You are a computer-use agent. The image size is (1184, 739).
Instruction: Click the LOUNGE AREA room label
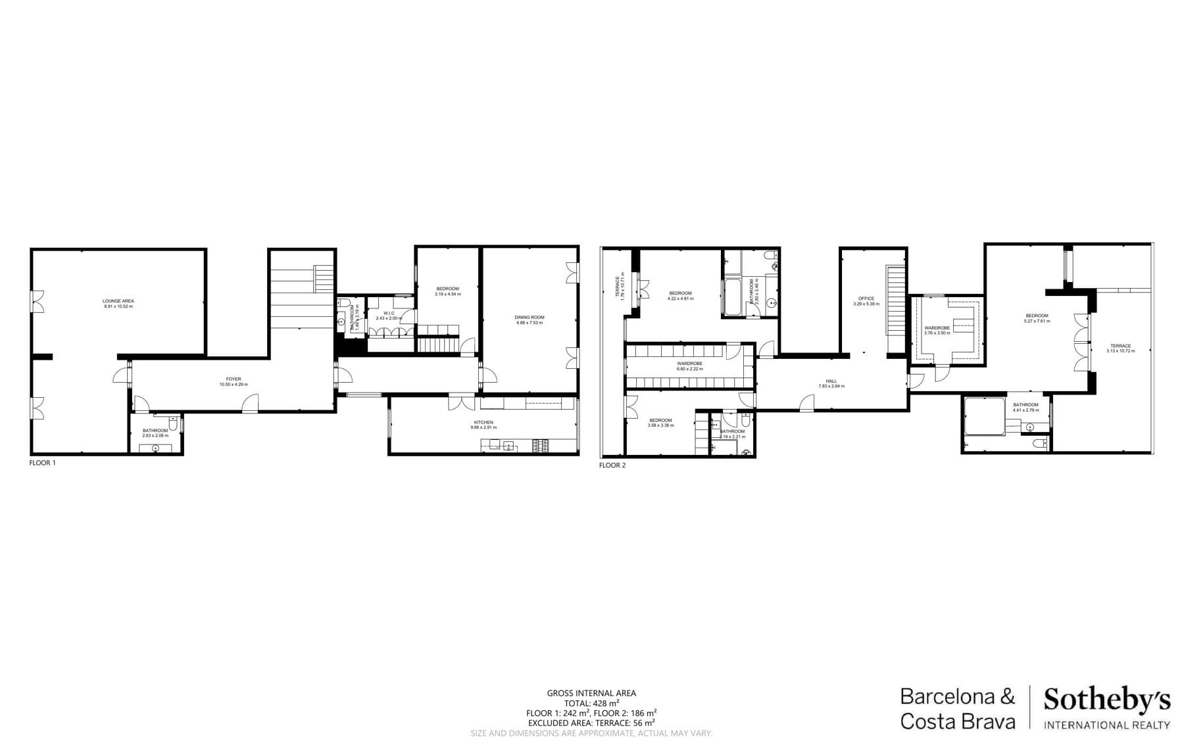click(x=118, y=301)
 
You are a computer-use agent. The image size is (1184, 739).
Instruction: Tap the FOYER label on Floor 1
click(x=234, y=379)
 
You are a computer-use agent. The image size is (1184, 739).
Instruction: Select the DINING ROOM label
click(x=530, y=318)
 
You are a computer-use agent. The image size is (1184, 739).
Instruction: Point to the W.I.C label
click(x=389, y=313)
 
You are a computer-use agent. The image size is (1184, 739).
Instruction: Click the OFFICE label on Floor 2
click(x=866, y=298)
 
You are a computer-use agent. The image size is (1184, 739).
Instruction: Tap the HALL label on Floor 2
click(x=831, y=381)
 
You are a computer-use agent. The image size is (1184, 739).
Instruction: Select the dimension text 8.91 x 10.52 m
click(x=118, y=306)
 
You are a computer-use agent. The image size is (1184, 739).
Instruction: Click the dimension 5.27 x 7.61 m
click(x=1037, y=322)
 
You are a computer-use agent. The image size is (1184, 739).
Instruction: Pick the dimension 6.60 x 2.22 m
click(x=690, y=369)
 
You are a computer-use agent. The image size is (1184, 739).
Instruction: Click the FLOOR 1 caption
click(x=43, y=463)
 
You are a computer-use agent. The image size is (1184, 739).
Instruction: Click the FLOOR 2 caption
click(x=612, y=465)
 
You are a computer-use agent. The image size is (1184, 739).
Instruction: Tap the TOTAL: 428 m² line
click(x=591, y=703)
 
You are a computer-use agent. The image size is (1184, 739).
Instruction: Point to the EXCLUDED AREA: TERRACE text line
click(x=591, y=723)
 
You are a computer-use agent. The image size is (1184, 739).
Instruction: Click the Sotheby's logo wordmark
click(x=1107, y=700)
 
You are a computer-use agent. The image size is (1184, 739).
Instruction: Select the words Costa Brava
click(x=957, y=721)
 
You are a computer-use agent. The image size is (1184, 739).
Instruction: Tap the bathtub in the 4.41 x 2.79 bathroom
click(x=984, y=417)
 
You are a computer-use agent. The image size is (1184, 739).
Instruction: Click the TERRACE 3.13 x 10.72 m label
click(x=1121, y=346)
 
